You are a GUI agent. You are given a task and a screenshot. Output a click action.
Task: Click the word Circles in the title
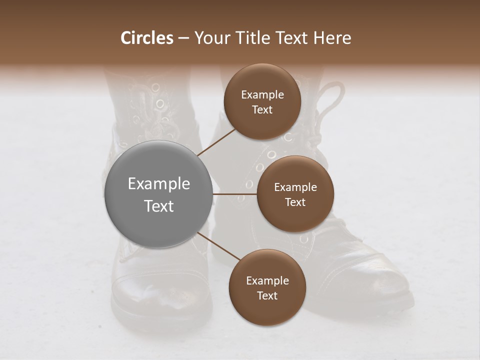coord(146,38)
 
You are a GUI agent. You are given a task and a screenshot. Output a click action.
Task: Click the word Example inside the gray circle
coord(159,184)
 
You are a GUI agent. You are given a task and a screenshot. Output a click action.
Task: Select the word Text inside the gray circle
coord(159,206)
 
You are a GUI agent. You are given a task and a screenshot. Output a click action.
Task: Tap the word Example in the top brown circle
coord(262,95)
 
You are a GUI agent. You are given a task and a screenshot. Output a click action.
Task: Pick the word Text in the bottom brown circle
coord(267,295)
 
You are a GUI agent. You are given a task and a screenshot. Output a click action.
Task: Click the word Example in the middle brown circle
coord(295,187)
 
